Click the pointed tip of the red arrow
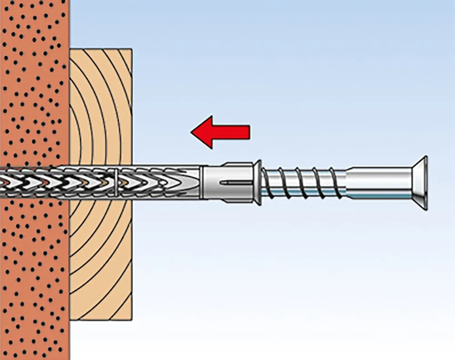(x=192, y=132)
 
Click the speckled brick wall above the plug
(x=34, y=91)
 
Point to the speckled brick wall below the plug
(x=34, y=273)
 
